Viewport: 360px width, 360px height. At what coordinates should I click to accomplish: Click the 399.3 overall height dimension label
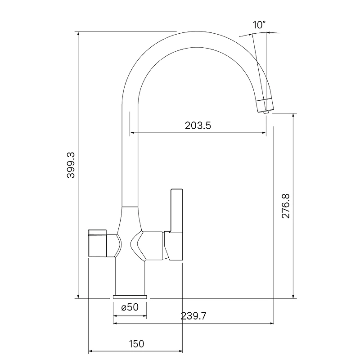coord(71,165)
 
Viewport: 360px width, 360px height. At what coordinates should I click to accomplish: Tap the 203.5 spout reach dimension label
coord(198,126)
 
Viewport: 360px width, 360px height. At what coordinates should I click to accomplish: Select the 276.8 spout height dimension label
coord(286,206)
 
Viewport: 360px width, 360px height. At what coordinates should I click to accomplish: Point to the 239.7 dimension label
coord(193,316)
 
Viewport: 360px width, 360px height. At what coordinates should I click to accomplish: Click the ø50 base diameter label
coord(130,307)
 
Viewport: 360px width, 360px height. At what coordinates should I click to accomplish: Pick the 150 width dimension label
coord(137,344)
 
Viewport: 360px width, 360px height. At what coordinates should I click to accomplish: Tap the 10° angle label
coord(259,25)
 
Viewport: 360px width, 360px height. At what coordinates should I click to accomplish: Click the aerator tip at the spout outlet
coord(266,112)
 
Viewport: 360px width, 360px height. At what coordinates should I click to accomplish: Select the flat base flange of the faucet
coord(130,297)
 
